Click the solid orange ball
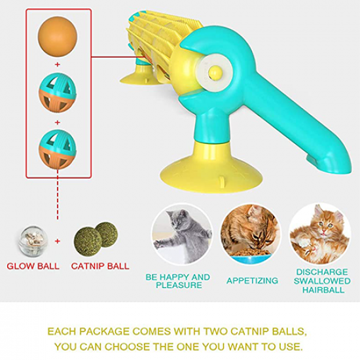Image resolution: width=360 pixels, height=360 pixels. tap(58, 37)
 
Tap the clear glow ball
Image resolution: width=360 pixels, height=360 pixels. tap(31, 241)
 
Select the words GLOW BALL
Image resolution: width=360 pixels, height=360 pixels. tap(33, 266)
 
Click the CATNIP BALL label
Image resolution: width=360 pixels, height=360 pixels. tap(100, 266)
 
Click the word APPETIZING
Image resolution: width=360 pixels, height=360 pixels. tap(252, 281)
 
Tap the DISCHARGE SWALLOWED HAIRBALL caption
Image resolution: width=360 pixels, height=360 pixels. tap(322, 281)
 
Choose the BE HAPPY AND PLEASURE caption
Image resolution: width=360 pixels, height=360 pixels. tap(177, 281)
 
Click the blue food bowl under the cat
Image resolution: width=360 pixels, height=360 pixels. tap(250, 258)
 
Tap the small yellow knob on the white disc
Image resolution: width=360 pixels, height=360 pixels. tap(216, 72)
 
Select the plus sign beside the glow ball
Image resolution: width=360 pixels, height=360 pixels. tap(58, 241)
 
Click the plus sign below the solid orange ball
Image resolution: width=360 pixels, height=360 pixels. tap(58, 65)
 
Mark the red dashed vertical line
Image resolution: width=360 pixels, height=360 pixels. tap(58, 194)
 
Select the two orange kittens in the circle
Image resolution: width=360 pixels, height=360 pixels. tap(320, 236)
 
